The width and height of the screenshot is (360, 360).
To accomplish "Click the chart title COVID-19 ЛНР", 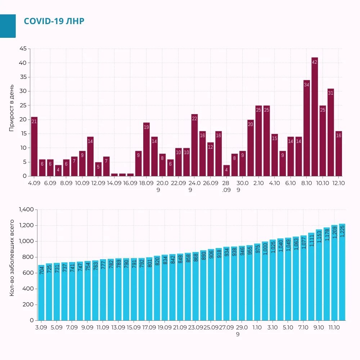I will [x=54, y=21].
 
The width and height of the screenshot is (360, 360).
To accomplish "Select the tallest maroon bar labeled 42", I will [x=315, y=117].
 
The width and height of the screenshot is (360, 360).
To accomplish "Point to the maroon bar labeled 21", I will [x=34, y=147].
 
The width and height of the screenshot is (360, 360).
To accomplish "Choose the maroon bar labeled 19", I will [x=147, y=149].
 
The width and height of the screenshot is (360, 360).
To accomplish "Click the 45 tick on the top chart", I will [x=23, y=49].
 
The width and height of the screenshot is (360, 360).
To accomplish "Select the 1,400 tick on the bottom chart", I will [x=26, y=209].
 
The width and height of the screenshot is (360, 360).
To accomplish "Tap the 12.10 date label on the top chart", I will [x=338, y=183].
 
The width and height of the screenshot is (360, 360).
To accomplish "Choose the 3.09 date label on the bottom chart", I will [x=41, y=327].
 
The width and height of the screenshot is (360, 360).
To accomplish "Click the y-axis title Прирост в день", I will [x=12, y=108].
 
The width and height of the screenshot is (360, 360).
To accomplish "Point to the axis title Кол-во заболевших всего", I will [x=12, y=258].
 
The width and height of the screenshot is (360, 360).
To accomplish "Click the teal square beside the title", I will [x=8, y=26].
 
